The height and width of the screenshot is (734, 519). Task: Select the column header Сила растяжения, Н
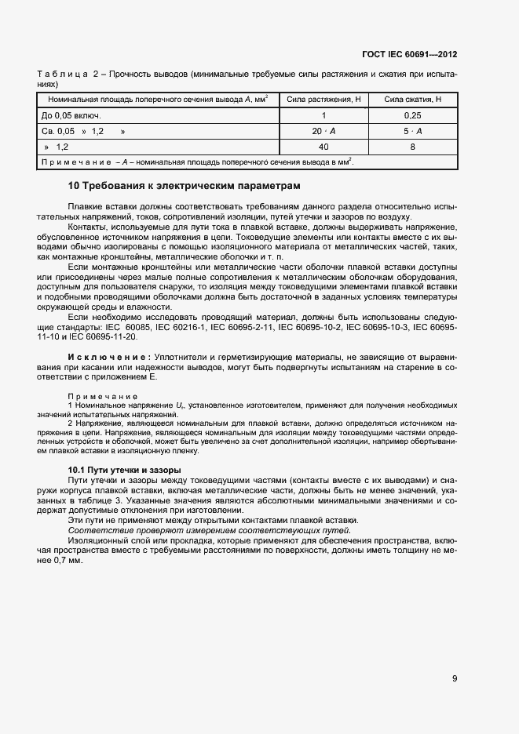(323, 100)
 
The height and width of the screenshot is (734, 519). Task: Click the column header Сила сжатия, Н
(413, 100)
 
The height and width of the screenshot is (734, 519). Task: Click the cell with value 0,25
(413, 115)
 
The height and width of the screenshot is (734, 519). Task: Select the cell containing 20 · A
(323, 131)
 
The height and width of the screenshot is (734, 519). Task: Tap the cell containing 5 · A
(413, 131)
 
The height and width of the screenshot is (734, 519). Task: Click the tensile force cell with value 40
(323, 147)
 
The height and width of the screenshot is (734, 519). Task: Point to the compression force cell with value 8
(413, 147)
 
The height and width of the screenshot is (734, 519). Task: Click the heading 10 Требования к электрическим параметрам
(185, 186)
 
